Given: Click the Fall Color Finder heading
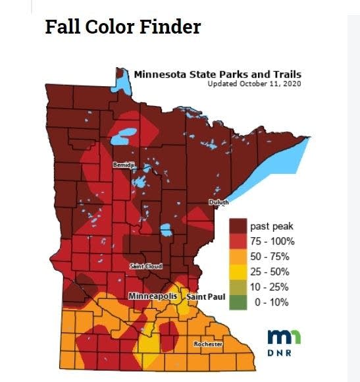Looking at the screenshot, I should pyautogui.click(x=122, y=27).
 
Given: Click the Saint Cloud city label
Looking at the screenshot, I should pyautogui.click(x=146, y=265).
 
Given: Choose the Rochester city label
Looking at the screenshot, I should pyautogui.click(x=207, y=344).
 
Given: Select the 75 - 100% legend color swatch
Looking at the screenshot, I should pyautogui.click(x=238, y=241).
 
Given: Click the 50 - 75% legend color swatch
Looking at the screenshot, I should pyautogui.click(x=238, y=256).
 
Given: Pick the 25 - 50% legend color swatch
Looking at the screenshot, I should pyautogui.click(x=238, y=271).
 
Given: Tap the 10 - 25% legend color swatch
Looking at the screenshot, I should pyautogui.click(x=238, y=286).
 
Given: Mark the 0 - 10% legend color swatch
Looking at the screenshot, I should pyautogui.click(x=238, y=302).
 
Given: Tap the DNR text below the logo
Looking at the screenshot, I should pyautogui.click(x=284, y=353).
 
